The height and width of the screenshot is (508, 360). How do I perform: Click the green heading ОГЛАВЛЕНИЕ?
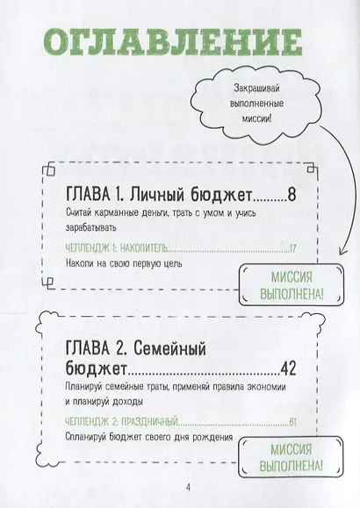(173, 43)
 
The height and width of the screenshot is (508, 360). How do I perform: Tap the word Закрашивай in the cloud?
(256, 89)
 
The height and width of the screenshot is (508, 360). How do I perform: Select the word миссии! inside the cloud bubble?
(256, 118)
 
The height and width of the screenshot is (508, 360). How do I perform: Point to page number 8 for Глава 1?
(292, 195)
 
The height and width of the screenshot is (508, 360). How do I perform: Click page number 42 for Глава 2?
(288, 368)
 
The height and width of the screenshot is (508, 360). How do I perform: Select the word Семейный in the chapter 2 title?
(169, 349)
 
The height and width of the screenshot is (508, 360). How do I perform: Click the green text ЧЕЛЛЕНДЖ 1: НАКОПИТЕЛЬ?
(117, 248)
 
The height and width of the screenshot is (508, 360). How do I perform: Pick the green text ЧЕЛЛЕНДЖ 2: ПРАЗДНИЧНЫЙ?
(122, 422)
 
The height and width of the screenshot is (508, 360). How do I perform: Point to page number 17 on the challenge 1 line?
(293, 248)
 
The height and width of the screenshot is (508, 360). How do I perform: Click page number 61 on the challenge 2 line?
(292, 422)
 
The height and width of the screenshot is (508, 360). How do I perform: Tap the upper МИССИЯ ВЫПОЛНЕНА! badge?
(292, 285)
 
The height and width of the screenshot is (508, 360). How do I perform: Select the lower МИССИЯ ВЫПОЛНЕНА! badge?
(291, 457)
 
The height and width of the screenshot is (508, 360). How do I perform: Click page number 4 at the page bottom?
(188, 487)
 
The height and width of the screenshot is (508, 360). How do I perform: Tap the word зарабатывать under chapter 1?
(90, 228)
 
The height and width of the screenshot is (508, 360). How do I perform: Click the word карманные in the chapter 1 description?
(117, 213)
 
